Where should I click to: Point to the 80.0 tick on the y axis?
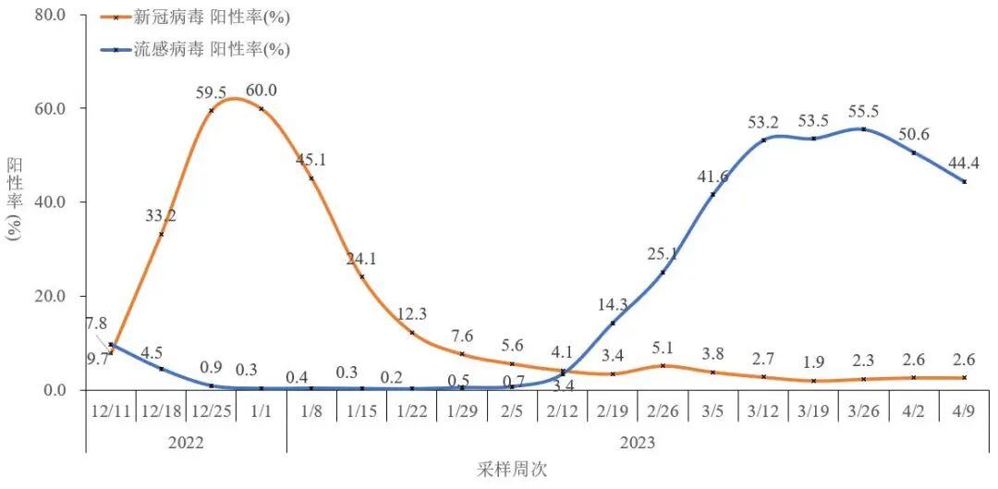click(49, 15)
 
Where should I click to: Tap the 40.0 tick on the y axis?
click(49, 202)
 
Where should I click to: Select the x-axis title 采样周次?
click(513, 469)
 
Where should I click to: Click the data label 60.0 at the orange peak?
click(261, 91)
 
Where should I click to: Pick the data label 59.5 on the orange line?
click(212, 92)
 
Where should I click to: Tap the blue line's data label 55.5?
click(864, 110)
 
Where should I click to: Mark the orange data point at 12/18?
click(162, 234)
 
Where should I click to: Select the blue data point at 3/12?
click(763, 140)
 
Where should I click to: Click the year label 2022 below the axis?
click(186, 442)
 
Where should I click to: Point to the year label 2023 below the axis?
click(638, 442)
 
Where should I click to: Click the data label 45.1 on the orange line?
click(310, 160)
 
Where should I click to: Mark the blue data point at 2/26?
click(663, 272)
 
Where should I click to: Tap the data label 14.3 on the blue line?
click(614, 303)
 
